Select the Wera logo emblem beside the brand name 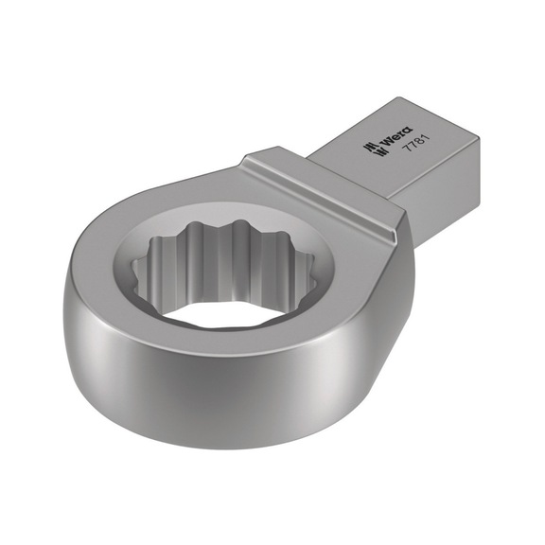[x=366, y=145]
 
